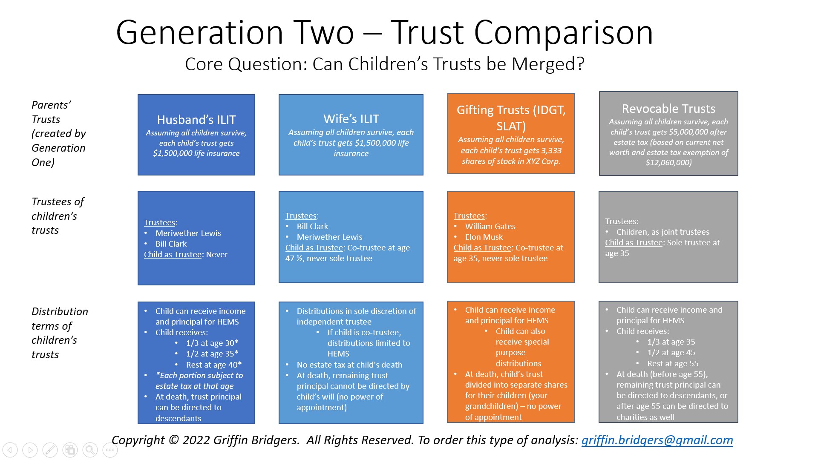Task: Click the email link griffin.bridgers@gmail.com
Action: click(657, 440)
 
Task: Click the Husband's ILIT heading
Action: click(196, 120)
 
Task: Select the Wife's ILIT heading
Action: click(351, 119)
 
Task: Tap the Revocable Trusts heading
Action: click(668, 109)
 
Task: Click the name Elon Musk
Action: click(484, 237)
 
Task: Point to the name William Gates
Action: click(490, 227)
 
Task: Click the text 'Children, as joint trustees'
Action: click(662, 232)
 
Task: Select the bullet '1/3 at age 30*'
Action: click(212, 343)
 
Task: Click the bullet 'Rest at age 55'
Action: click(672, 364)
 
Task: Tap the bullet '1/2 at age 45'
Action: click(671, 353)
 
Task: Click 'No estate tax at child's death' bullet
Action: click(349, 365)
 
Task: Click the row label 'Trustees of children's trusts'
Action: click(58, 216)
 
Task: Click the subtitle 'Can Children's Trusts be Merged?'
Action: click(448, 64)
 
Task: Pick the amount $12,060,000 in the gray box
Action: click(668, 163)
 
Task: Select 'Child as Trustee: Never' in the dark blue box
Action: click(186, 255)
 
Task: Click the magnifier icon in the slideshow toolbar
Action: click(90, 450)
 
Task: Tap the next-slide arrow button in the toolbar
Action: click(30, 450)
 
